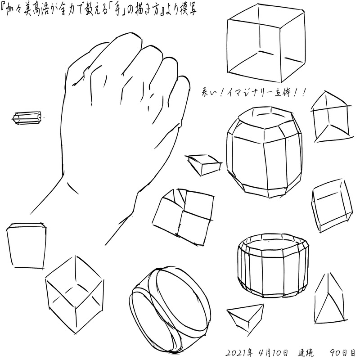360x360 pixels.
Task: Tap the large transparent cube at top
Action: click(x=266, y=43)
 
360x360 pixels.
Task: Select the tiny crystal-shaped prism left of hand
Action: click(x=27, y=118)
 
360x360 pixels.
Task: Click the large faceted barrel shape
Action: click(x=264, y=152)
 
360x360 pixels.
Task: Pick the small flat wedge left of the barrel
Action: click(x=204, y=164)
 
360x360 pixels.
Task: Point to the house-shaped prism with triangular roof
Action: click(x=331, y=117)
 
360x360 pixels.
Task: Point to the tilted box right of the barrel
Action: click(x=332, y=206)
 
